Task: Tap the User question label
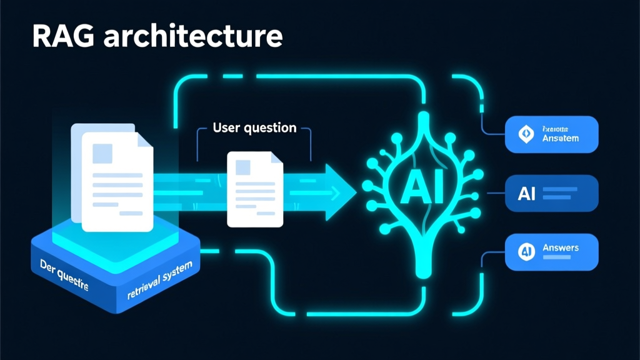[254, 128]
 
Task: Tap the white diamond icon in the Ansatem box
[524, 134]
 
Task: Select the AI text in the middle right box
[527, 194]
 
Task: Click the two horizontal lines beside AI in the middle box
[557, 194]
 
